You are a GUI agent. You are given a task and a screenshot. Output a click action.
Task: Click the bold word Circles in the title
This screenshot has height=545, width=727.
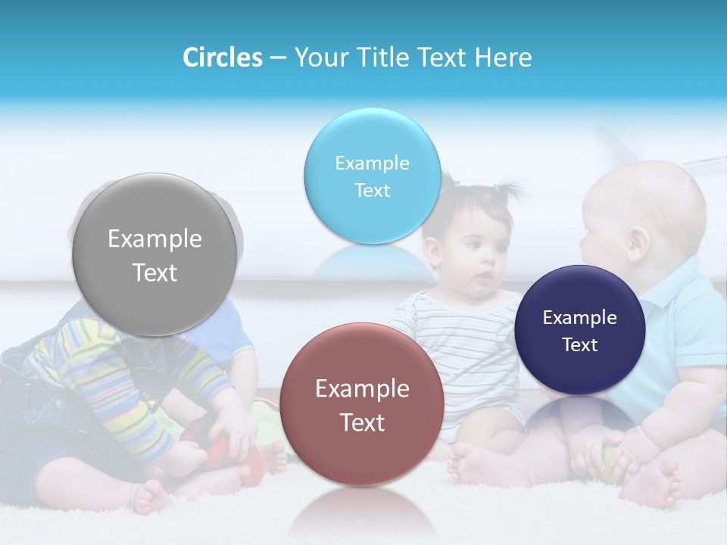point(222,58)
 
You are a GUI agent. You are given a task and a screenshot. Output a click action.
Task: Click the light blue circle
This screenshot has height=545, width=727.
point(372,176)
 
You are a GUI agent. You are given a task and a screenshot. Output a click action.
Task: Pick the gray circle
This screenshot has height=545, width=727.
point(154,254)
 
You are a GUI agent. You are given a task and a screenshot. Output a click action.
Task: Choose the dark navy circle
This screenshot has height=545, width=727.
point(579,330)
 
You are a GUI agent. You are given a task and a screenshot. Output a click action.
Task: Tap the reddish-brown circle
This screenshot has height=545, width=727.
point(362,404)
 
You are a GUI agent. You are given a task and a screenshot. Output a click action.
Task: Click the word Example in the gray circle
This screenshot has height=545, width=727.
point(154,239)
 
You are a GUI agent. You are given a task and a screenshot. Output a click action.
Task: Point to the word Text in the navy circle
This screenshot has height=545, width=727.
point(580,345)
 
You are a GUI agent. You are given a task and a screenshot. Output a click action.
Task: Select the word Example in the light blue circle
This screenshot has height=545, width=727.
point(372,163)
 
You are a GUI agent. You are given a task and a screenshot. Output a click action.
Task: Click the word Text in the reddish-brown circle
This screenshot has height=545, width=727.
point(362,422)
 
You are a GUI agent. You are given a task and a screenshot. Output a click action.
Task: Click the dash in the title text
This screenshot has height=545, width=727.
point(278,58)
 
